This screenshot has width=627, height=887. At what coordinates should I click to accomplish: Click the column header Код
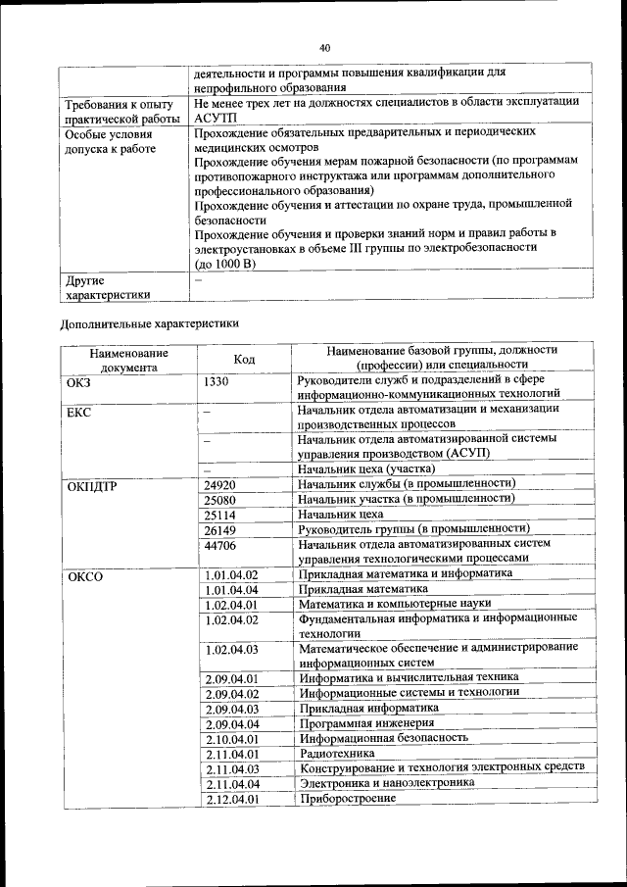click(x=245, y=360)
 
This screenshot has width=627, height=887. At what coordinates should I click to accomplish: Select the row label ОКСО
click(x=84, y=576)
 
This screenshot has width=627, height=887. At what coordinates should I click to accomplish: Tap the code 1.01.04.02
click(x=231, y=575)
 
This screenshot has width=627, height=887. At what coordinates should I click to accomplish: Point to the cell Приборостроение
click(x=348, y=799)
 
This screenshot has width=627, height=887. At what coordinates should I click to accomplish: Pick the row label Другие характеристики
click(x=108, y=286)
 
